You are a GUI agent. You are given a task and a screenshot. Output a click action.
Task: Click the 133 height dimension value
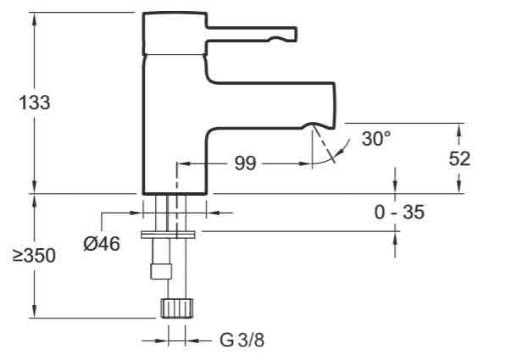[x=34, y=102]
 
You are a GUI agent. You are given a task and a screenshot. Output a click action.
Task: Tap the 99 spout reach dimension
[x=245, y=163]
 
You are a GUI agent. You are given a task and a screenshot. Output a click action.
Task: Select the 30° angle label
[x=376, y=139]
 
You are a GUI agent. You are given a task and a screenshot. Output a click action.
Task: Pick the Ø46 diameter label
[x=101, y=243]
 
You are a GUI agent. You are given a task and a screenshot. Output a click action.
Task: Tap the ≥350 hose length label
[x=34, y=255]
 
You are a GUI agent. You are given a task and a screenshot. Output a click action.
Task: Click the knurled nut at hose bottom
[x=175, y=307]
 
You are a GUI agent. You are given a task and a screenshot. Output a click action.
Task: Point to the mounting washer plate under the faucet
[x=169, y=230]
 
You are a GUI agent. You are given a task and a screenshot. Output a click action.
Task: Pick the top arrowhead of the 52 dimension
[x=459, y=130]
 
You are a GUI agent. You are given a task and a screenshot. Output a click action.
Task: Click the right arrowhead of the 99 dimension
[x=308, y=163]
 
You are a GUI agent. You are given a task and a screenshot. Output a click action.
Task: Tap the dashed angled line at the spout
[x=322, y=145]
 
